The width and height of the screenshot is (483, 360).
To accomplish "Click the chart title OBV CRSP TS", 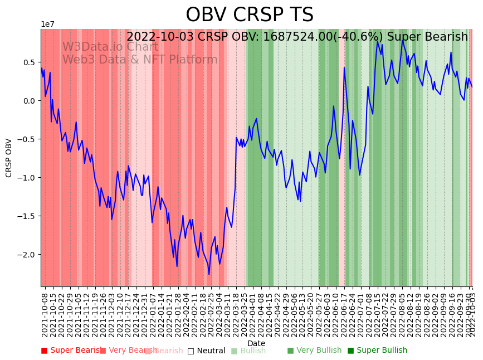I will click(249, 15).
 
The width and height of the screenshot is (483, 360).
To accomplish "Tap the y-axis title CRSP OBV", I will click(9, 158).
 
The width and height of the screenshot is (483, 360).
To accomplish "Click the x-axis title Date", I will click(256, 343).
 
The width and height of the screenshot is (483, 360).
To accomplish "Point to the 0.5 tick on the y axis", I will click(28, 62).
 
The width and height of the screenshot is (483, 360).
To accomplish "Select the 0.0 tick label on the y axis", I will click(28, 101).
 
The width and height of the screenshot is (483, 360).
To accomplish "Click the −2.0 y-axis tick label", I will click(26, 255).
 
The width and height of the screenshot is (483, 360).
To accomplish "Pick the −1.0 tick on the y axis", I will click(26, 178).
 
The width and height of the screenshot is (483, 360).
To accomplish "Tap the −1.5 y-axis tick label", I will click(26, 216).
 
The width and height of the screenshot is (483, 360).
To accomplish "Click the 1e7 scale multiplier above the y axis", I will click(48, 25).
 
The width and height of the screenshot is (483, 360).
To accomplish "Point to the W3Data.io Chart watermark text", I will click(110, 47).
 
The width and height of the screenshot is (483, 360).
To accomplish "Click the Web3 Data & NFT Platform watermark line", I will click(140, 60).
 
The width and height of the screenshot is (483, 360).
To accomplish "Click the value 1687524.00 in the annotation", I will click(298, 37).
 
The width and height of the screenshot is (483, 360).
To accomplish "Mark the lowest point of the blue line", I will click(209, 274).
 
